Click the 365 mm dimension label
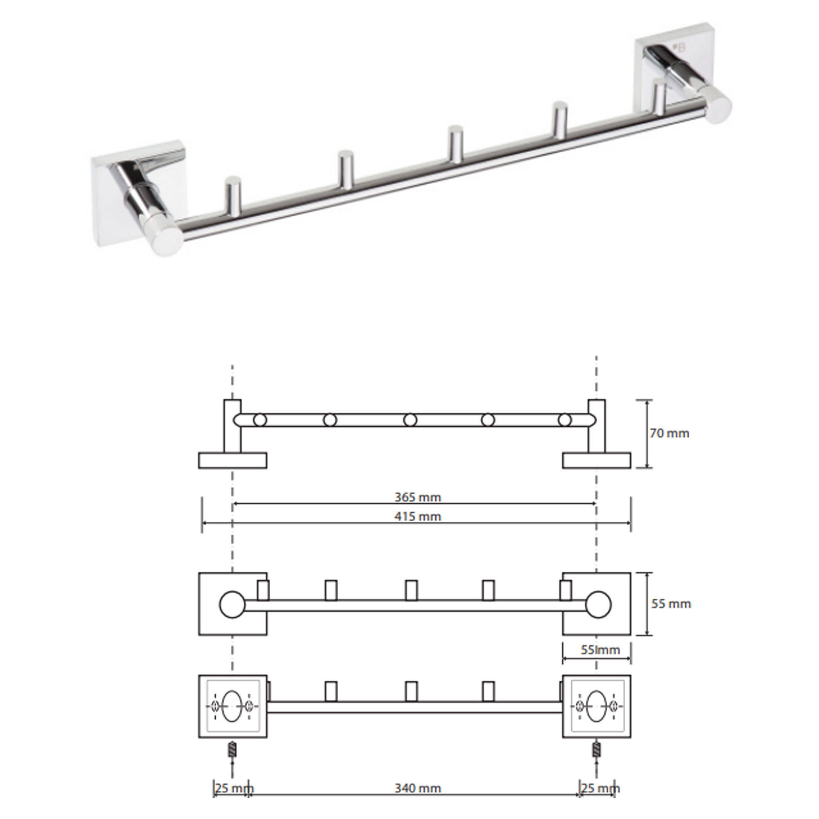pyautogui.click(x=418, y=497)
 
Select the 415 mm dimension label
pyautogui.click(x=418, y=516)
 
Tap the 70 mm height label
pyautogui.click(x=670, y=433)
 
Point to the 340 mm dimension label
pyautogui.click(x=418, y=788)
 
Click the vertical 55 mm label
pyautogui.click(x=671, y=604)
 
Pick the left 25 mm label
pyautogui.click(x=234, y=788)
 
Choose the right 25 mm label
pyautogui.click(x=600, y=788)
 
